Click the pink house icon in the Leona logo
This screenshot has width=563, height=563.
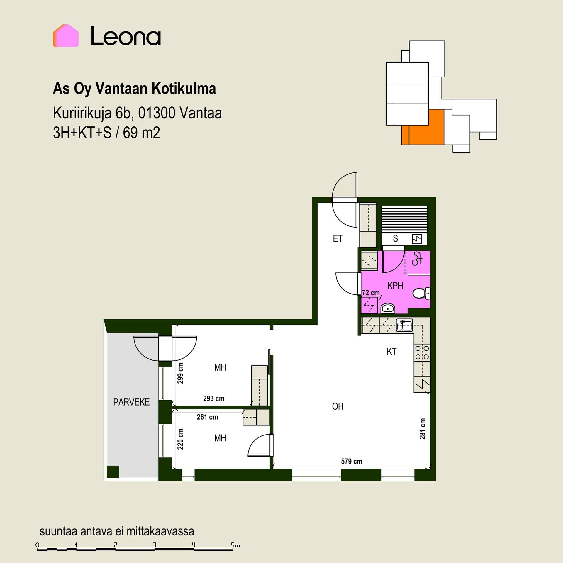[66, 35]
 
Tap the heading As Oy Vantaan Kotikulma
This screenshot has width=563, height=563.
[134, 89]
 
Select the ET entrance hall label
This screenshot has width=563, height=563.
[338, 238]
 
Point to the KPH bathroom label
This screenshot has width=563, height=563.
[395, 286]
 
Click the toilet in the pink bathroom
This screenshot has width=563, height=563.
[421, 293]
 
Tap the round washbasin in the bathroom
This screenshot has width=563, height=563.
[388, 308]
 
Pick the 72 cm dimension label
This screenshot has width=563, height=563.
[371, 293]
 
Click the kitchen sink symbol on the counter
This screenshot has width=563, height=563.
[404, 325]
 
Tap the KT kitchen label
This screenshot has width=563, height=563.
[391, 351]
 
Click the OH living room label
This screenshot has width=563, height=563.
[338, 406]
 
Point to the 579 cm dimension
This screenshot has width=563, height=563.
[352, 461]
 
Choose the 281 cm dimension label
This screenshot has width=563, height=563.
[422, 429]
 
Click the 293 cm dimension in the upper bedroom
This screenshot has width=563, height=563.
[214, 398]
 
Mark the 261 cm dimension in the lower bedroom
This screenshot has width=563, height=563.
[207, 417]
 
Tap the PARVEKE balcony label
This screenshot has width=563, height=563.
[131, 402]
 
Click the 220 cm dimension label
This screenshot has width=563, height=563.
[180, 439]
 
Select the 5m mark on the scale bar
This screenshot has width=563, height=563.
[235, 545]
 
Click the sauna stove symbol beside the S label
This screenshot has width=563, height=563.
[417, 239]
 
